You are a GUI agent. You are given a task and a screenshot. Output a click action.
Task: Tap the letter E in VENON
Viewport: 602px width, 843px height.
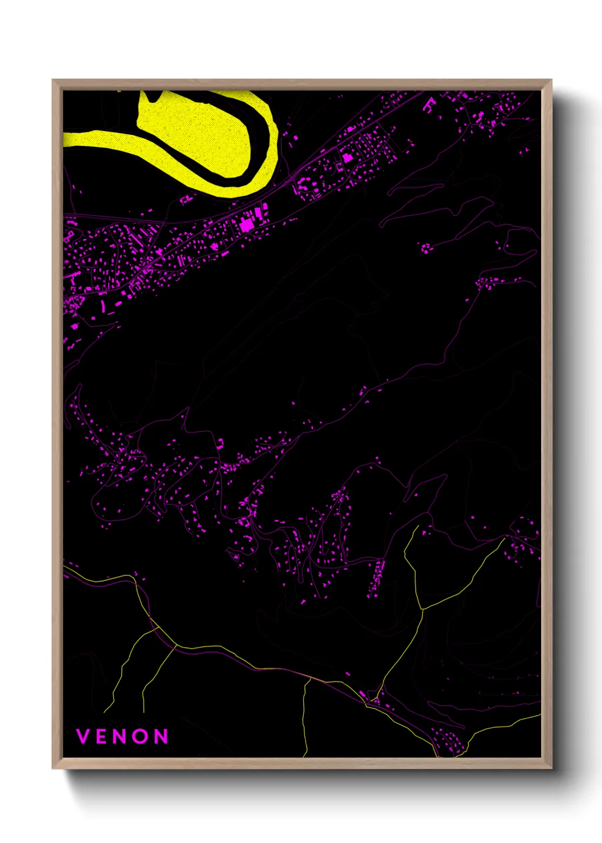tap(102, 736)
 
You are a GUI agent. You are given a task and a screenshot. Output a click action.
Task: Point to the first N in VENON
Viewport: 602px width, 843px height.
tap(122, 736)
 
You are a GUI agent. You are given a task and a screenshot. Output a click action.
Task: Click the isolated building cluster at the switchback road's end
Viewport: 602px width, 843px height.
tap(426, 248)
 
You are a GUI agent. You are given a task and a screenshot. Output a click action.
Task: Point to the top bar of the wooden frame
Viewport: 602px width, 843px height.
tap(302, 85)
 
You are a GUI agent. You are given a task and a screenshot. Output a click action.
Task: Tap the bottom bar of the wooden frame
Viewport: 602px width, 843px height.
tap(302, 763)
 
